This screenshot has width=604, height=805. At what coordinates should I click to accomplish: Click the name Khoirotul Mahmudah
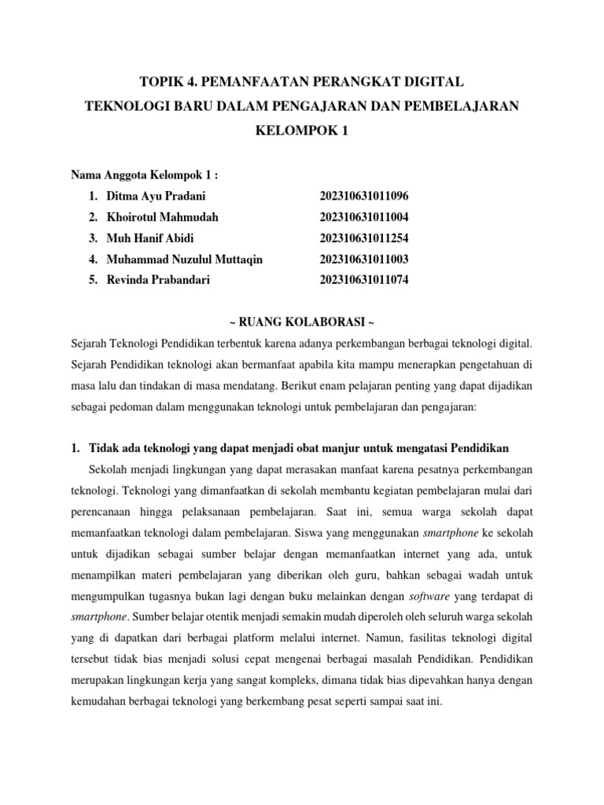point(163,217)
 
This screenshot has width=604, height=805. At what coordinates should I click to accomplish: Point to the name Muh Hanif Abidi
point(150,238)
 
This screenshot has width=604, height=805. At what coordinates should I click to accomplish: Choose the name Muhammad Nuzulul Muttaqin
point(185,259)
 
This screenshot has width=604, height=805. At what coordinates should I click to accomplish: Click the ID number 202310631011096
point(364,196)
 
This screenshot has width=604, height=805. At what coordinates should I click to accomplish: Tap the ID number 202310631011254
point(364,238)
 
